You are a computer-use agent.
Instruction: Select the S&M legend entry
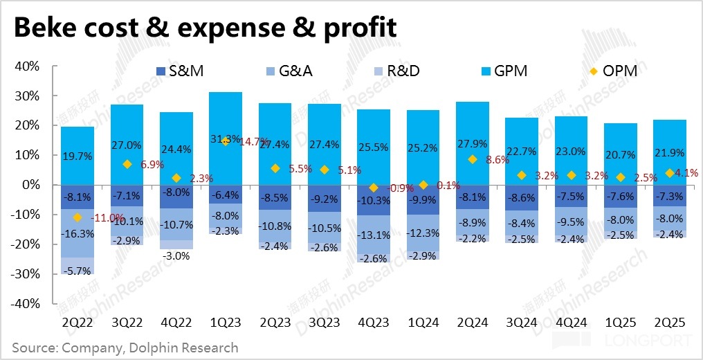(x=177, y=71)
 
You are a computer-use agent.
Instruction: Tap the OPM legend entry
(x=609, y=71)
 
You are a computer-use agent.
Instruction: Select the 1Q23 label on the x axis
(x=225, y=323)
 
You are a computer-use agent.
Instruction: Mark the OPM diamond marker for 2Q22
(x=77, y=217)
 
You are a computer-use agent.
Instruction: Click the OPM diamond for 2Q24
(x=473, y=159)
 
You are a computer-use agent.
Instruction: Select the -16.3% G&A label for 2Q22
(x=77, y=234)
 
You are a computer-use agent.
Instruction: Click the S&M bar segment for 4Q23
(x=374, y=200)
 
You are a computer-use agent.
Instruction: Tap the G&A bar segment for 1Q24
(x=423, y=233)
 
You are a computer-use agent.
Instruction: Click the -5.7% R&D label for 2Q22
(x=77, y=271)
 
